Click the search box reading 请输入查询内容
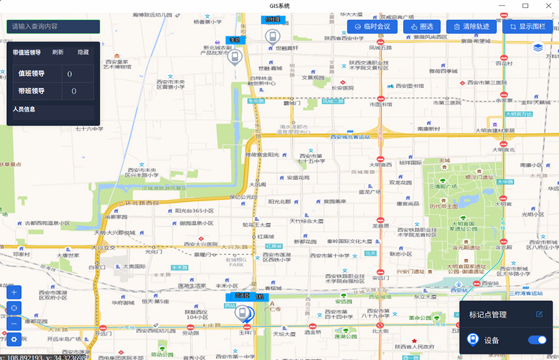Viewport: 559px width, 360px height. tap(53, 27)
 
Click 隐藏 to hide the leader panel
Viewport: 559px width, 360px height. tap(83, 52)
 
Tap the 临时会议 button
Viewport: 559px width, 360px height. tap(372, 26)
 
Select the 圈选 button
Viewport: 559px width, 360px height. tap(422, 26)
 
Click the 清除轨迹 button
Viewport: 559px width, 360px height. tap(471, 26)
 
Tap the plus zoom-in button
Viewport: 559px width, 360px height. tap(14, 292)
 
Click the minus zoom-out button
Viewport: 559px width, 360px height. tap(14, 323)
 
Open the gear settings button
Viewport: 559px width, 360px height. tap(14, 340)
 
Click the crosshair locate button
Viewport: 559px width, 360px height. tap(14, 308)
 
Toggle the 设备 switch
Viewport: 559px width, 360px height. tap(537, 340)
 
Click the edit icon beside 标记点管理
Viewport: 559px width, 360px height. tap(539, 314)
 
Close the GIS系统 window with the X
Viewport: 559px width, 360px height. tap(545, 6)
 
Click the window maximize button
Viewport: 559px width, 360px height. tap(525, 6)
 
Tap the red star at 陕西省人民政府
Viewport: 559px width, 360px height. tap(414, 340)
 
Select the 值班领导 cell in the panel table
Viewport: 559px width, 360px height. tap(32, 74)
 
